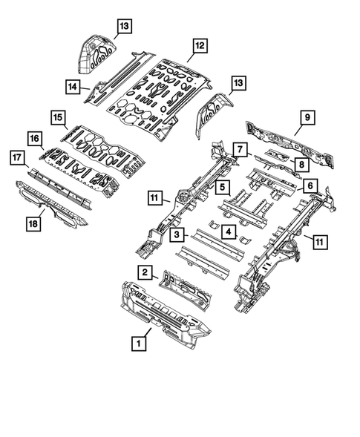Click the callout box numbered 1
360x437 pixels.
[x=137, y=344]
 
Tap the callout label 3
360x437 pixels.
[x=177, y=235]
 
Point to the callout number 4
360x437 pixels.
[x=231, y=234]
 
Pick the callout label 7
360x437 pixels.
[x=240, y=149]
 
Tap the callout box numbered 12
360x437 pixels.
[x=198, y=45]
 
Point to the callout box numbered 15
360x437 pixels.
[x=57, y=116]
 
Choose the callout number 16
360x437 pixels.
[x=35, y=138]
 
